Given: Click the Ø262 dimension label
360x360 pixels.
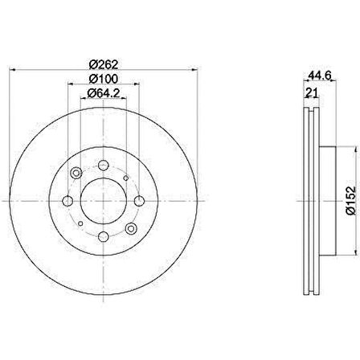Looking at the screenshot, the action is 104,64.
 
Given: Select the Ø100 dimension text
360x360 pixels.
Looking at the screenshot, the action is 104,79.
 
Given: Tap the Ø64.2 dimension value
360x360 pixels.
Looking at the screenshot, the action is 104,93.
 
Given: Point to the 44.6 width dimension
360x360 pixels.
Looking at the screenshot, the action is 320,76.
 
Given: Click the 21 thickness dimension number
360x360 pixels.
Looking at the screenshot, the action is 312,93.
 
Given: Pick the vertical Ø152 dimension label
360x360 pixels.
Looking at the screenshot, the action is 351,200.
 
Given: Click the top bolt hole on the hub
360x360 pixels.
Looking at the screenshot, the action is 103,165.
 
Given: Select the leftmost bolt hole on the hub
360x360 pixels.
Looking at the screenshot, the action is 67,201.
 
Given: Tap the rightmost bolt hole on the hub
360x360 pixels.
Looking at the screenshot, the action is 139,201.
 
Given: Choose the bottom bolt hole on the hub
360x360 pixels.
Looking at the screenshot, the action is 103,236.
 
